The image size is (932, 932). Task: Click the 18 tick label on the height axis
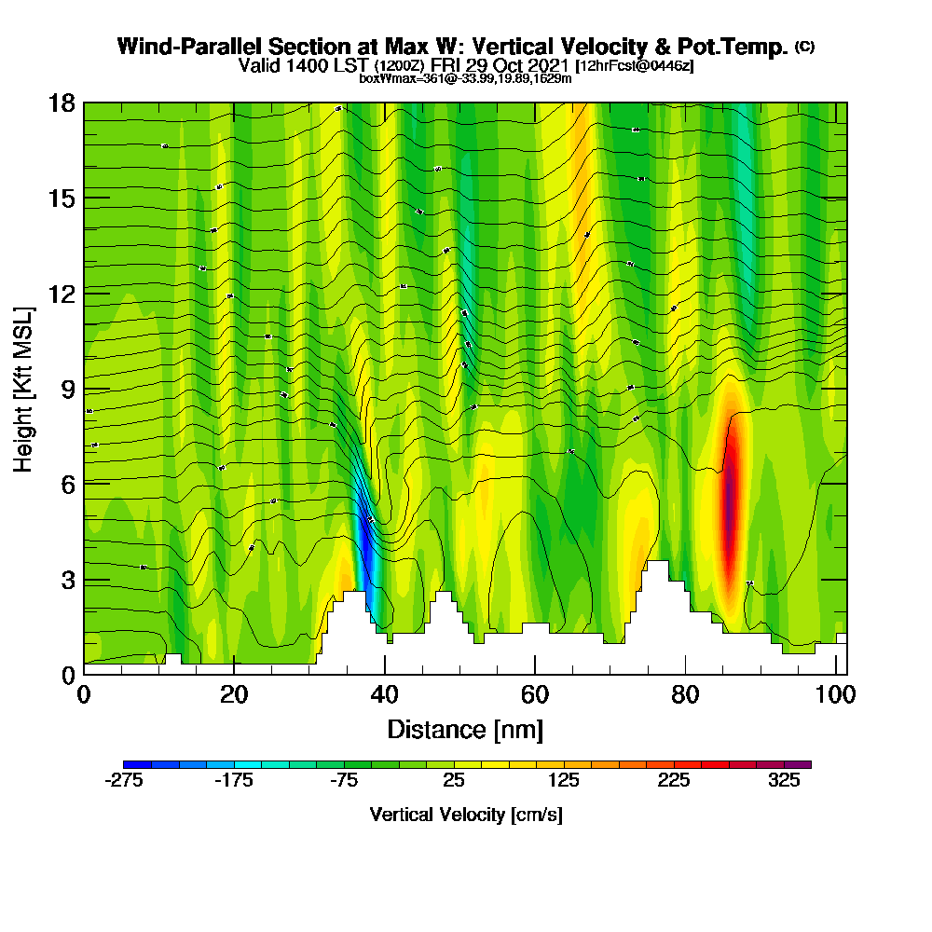point(62,103)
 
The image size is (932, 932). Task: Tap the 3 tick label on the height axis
point(68,579)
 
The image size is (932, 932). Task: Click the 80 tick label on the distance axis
point(685,695)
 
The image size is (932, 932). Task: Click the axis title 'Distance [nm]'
point(465,728)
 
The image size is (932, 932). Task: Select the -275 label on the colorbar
point(124,781)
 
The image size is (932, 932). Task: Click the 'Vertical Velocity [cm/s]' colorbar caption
point(466,815)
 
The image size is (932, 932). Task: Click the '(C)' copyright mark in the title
point(804,46)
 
